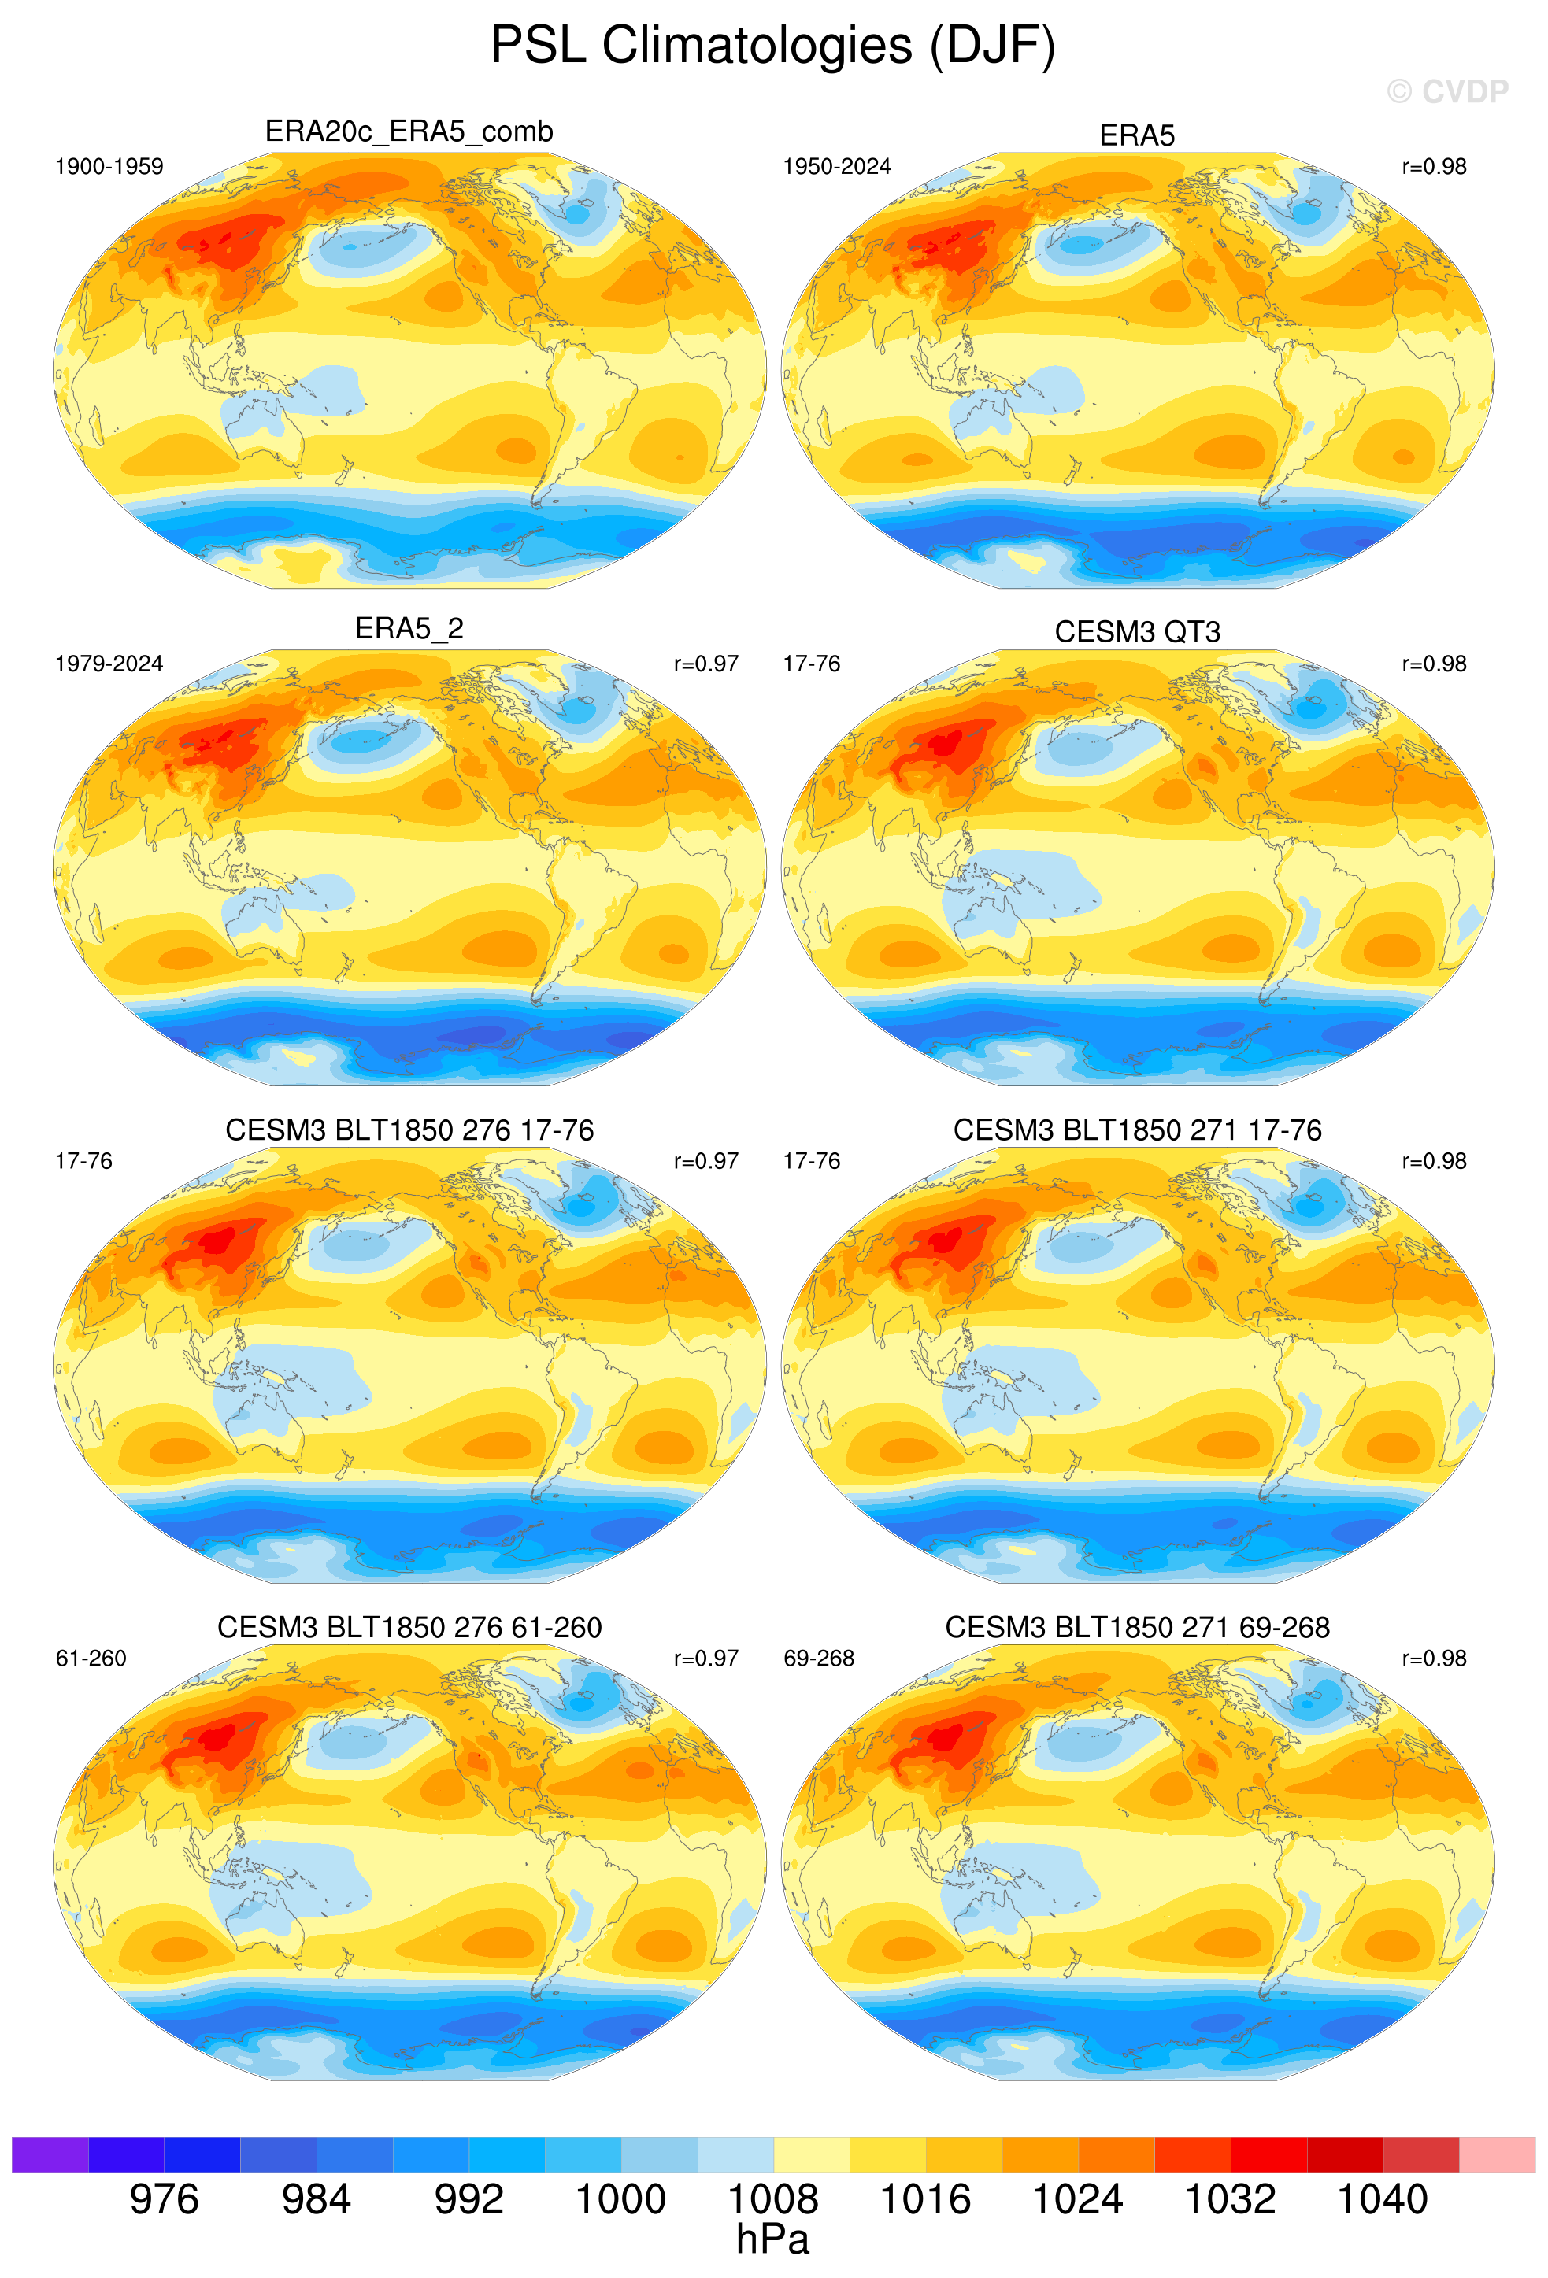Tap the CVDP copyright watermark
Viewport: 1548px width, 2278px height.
(x=1447, y=92)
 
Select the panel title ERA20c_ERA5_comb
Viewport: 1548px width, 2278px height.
(x=409, y=131)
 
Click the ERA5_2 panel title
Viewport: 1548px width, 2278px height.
(x=409, y=628)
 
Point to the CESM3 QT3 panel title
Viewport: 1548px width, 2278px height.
(x=1137, y=632)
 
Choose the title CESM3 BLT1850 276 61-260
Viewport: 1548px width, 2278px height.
(x=409, y=1627)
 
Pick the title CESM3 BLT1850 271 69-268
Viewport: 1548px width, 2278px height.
(x=1137, y=1627)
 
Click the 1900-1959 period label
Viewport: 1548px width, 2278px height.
(x=109, y=167)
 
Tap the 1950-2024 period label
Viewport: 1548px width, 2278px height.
(x=836, y=167)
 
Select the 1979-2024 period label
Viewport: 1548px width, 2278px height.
(x=109, y=664)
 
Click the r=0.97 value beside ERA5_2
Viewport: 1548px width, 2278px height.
(x=705, y=664)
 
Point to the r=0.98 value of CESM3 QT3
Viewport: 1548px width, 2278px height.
(x=1433, y=664)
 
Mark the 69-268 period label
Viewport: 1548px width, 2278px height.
(x=819, y=1659)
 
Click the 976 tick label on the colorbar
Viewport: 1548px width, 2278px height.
(x=164, y=2198)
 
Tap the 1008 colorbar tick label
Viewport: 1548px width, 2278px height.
(x=772, y=2198)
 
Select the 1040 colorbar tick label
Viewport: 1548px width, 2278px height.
(x=1383, y=2198)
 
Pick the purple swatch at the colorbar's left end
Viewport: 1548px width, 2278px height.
(x=50, y=2154)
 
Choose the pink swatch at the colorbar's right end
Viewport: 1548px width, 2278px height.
(x=1497, y=2154)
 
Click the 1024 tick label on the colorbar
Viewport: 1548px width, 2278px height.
(x=1077, y=2198)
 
